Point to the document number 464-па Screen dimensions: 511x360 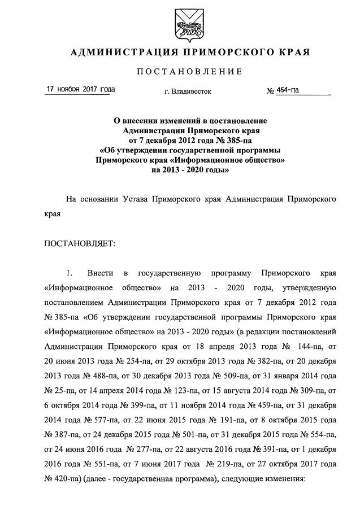click(x=288, y=90)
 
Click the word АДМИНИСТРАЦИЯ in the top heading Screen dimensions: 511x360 click(x=118, y=53)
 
